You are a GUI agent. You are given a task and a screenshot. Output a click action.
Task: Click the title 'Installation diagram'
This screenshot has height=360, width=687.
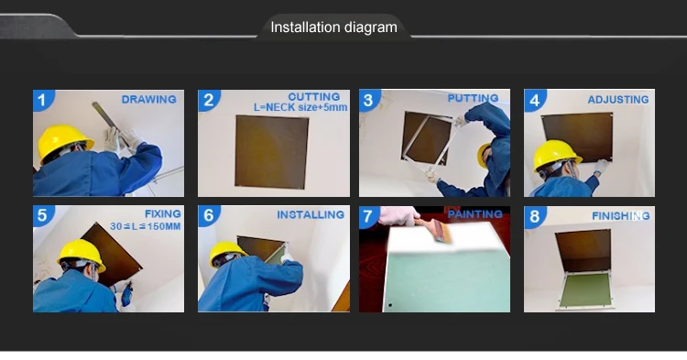pyautogui.click(x=333, y=27)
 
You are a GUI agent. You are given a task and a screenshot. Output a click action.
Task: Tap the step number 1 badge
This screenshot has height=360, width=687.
pyautogui.click(x=42, y=100)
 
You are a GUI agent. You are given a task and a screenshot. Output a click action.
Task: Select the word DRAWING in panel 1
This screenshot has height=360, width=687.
pyautogui.click(x=149, y=100)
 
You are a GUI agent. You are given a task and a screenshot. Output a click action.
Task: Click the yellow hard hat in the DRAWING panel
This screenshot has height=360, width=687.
pyautogui.click(x=64, y=141)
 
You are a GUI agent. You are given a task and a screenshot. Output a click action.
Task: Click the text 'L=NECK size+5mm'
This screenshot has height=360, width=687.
pyautogui.click(x=300, y=107)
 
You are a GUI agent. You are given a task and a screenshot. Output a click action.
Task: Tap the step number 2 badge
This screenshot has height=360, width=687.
pyautogui.click(x=208, y=100)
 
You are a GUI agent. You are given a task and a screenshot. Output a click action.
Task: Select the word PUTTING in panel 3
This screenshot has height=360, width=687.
pyautogui.click(x=473, y=98)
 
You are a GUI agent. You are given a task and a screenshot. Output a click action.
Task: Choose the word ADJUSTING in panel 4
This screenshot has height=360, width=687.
pyautogui.click(x=618, y=100)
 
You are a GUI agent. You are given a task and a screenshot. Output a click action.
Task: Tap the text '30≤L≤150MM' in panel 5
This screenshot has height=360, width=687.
pyautogui.click(x=146, y=226)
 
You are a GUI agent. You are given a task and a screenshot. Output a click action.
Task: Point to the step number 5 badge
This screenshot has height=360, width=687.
pyautogui.click(x=42, y=215)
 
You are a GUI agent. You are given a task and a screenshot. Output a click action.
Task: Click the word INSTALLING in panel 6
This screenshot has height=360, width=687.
pyautogui.click(x=311, y=214)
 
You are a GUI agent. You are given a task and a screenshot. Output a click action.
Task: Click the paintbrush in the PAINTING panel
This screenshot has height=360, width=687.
pyautogui.click(x=434, y=229)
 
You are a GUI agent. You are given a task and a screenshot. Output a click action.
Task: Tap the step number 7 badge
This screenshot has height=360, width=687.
pyautogui.click(x=368, y=216)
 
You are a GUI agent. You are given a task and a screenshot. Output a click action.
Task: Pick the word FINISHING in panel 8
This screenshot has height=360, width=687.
pyautogui.click(x=620, y=215)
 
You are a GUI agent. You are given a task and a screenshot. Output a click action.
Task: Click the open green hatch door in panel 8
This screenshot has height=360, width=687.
pyautogui.click(x=585, y=290)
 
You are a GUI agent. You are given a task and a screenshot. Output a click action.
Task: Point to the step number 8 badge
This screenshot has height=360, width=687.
pyautogui.click(x=534, y=216)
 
